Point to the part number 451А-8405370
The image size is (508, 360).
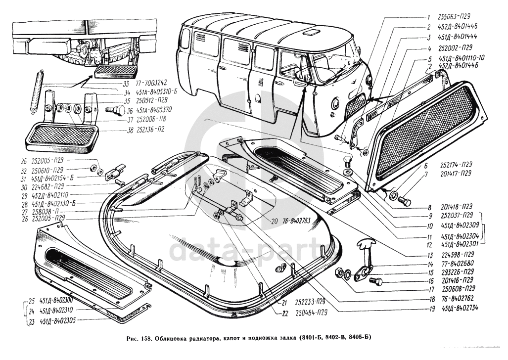click(143, 110)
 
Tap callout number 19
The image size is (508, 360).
click(432, 309)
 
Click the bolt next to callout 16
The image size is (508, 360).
click(377, 281)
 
